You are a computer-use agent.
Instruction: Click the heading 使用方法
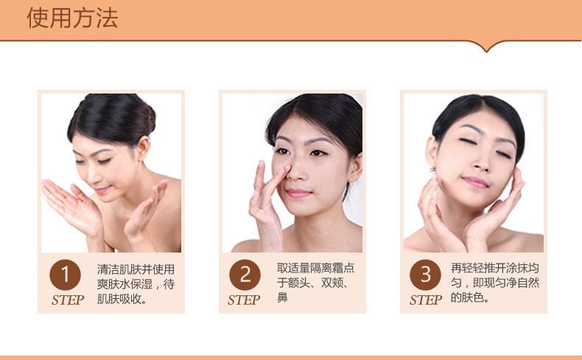click(72, 18)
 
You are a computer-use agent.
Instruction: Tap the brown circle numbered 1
click(65, 275)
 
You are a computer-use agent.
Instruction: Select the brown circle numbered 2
click(245, 275)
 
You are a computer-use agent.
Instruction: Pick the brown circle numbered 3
click(425, 275)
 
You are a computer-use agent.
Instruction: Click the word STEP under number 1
click(68, 300)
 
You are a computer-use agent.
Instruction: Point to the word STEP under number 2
click(244, 300)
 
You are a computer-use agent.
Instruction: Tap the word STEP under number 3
click(426, 300)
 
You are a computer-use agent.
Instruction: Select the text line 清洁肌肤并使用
click(136, 269)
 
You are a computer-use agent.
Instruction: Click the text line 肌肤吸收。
click(122, 299)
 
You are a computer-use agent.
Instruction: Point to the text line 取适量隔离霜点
click(315, 268)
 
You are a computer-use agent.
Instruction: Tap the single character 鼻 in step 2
click(282, 297)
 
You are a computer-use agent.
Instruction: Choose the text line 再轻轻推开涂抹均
click(495, 268)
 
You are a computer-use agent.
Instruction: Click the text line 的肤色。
click(470, 297)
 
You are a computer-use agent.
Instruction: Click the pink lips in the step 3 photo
click(475, 182)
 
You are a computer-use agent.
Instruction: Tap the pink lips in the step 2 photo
click(298, 193)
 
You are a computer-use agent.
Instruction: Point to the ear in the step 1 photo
click(143, 148)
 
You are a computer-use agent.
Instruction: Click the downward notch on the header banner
click(487, 47)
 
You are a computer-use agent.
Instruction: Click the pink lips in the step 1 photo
click(102, 190)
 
